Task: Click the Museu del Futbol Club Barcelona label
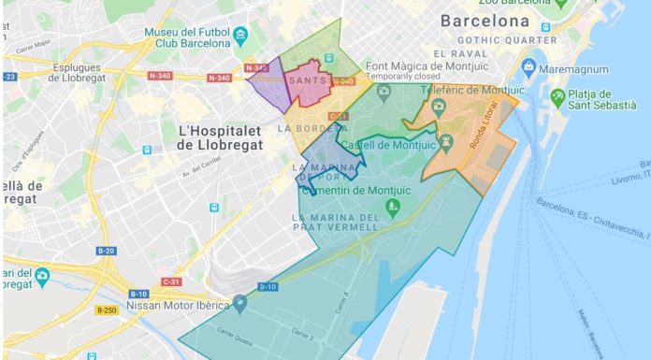186,39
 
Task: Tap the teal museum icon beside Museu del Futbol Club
241,38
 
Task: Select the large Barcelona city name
485,21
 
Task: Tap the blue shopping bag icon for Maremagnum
528,67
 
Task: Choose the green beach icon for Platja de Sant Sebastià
558,95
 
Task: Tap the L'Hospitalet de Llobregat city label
222,136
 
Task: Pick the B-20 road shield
106,251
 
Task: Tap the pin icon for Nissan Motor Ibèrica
241,302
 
